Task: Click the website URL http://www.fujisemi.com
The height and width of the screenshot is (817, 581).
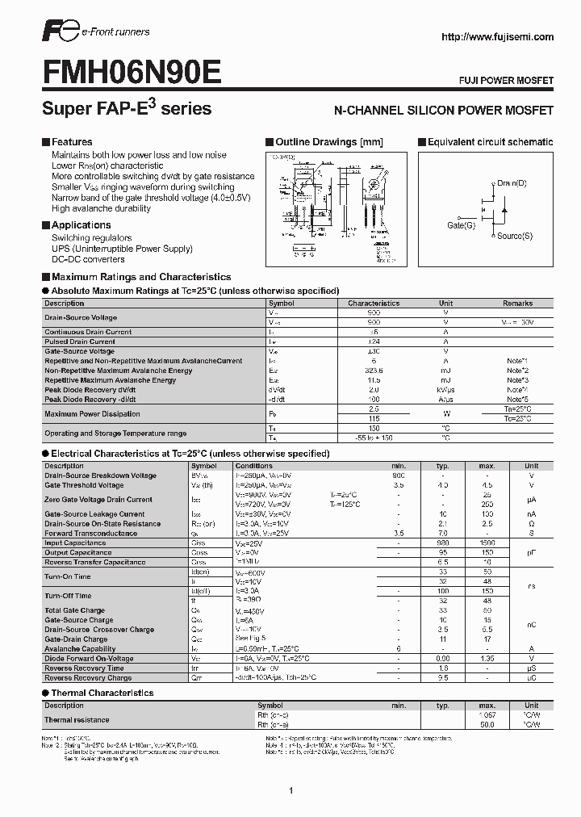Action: point(499,36)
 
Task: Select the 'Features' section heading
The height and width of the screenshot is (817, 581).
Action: point(72,142)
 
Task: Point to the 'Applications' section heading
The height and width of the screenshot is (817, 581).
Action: point(81,225)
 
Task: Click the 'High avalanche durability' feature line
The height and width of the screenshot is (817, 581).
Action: point(101,208)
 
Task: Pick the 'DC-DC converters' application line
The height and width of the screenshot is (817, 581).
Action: point(88,260)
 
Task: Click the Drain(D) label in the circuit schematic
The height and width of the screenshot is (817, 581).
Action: point(512,183)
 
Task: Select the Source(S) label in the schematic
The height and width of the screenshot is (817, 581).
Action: point(514,236)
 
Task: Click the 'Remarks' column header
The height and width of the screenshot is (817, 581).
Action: point(517,304)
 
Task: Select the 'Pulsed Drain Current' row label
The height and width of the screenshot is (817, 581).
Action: point(80,341)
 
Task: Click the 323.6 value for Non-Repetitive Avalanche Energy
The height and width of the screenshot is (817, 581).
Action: point(374,371)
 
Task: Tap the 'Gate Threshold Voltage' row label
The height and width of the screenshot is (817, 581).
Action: point(84,485)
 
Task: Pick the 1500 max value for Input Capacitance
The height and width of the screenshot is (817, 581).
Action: point(487,543)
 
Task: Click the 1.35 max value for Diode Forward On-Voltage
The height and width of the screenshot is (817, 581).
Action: point(487,659)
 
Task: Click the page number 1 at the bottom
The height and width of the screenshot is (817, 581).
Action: point(290,768)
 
